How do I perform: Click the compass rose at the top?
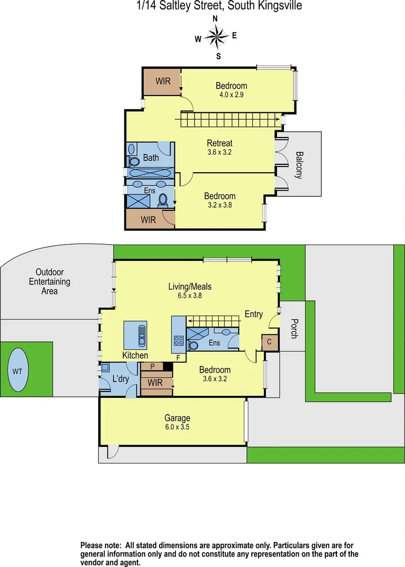(x=216, y=37)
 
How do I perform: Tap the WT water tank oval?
(x=17, y=371)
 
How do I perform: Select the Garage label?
(x=177, y=418)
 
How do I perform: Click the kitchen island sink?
(x=140, y=334)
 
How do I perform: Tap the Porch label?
(x=294, y=328)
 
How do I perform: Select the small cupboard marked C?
(x=270, y=342)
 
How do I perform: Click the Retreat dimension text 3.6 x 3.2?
(x=219, y=152)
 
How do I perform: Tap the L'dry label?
(x=121, y=379)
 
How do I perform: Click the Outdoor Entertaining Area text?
(x=49, y=281)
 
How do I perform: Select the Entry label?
(x=254, y=314)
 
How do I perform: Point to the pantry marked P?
(x=152, y=366)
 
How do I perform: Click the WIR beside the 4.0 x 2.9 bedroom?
(x=163, y=81)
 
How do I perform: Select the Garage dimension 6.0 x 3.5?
(x=177, y=427)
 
